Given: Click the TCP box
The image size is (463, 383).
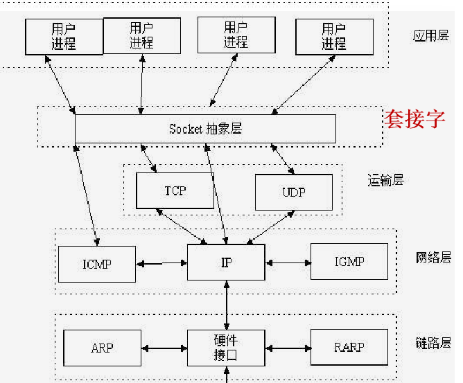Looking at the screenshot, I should (175, 190).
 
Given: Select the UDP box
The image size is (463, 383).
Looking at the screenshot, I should (293, 192).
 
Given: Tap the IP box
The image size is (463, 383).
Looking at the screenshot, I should (226, 263).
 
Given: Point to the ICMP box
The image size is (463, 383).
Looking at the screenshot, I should (96, 264).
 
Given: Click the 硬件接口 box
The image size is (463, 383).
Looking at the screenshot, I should (226, 348).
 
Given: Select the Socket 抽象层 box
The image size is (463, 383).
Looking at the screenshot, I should (205, 129).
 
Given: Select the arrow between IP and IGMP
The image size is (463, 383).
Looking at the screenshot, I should (288, 262).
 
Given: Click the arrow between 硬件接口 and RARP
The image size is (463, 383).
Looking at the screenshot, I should (288, 348).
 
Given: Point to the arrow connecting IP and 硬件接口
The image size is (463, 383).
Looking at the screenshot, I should (227, 305).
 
